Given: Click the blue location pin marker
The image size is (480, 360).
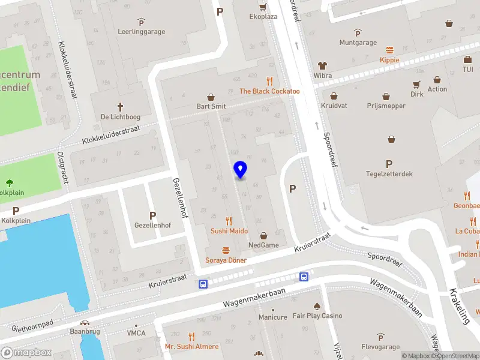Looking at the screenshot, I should (x=240, y=170).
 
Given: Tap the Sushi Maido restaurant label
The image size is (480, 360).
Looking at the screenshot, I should (x=229, y=230).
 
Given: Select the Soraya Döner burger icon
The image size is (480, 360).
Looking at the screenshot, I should (x=226, y=250).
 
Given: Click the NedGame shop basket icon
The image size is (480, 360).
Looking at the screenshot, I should (x=263, y=236).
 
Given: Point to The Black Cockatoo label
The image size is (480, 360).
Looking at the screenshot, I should (x=269, y=91).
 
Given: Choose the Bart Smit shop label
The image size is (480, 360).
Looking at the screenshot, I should (x=211, y=106).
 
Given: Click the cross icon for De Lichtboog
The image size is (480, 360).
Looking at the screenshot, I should (x=120, y=107).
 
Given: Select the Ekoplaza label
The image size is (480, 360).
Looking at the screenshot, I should (x=263, y=16).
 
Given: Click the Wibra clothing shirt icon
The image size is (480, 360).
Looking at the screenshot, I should (x=322, y=65).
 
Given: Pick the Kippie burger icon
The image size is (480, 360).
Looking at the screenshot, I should (x=389, y=50).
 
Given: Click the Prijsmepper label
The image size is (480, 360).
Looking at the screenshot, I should (x=386, y=106).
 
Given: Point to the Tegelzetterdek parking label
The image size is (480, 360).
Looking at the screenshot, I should (x=389, y=174).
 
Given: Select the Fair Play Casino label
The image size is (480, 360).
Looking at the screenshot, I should (x=317, y=316).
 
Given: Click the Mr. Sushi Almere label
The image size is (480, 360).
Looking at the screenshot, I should (x=192, y=347).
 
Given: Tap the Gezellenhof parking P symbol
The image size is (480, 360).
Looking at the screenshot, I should (x=152, y=215).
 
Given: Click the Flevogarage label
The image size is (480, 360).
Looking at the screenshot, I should (x=380, y=346).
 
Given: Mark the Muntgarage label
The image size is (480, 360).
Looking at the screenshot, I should (x=358, y=43).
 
